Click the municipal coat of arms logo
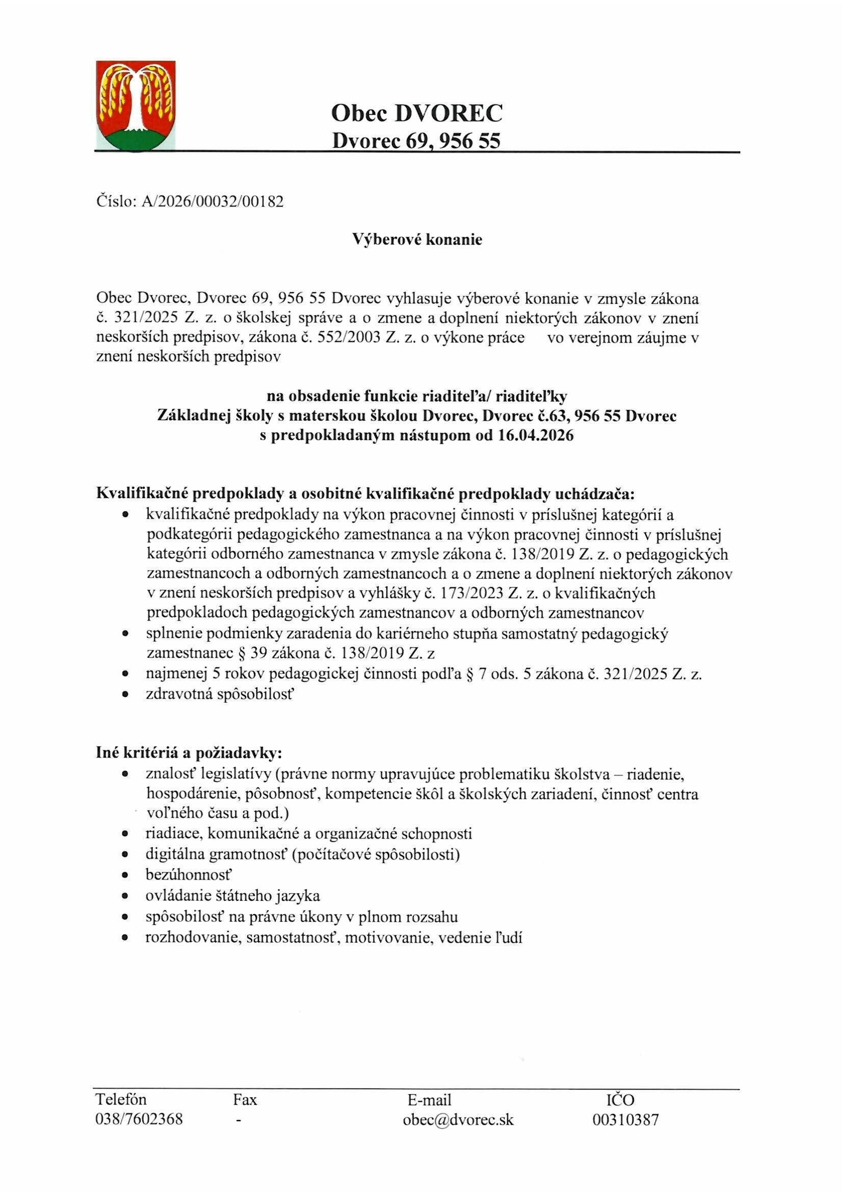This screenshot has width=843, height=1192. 136,105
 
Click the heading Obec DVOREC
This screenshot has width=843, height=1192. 416,113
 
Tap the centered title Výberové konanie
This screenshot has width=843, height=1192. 417,239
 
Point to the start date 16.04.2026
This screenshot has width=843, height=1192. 536,435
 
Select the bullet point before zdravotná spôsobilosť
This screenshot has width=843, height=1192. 124,694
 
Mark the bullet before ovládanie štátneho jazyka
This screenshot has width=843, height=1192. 124,896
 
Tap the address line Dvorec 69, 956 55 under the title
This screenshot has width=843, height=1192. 416,141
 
